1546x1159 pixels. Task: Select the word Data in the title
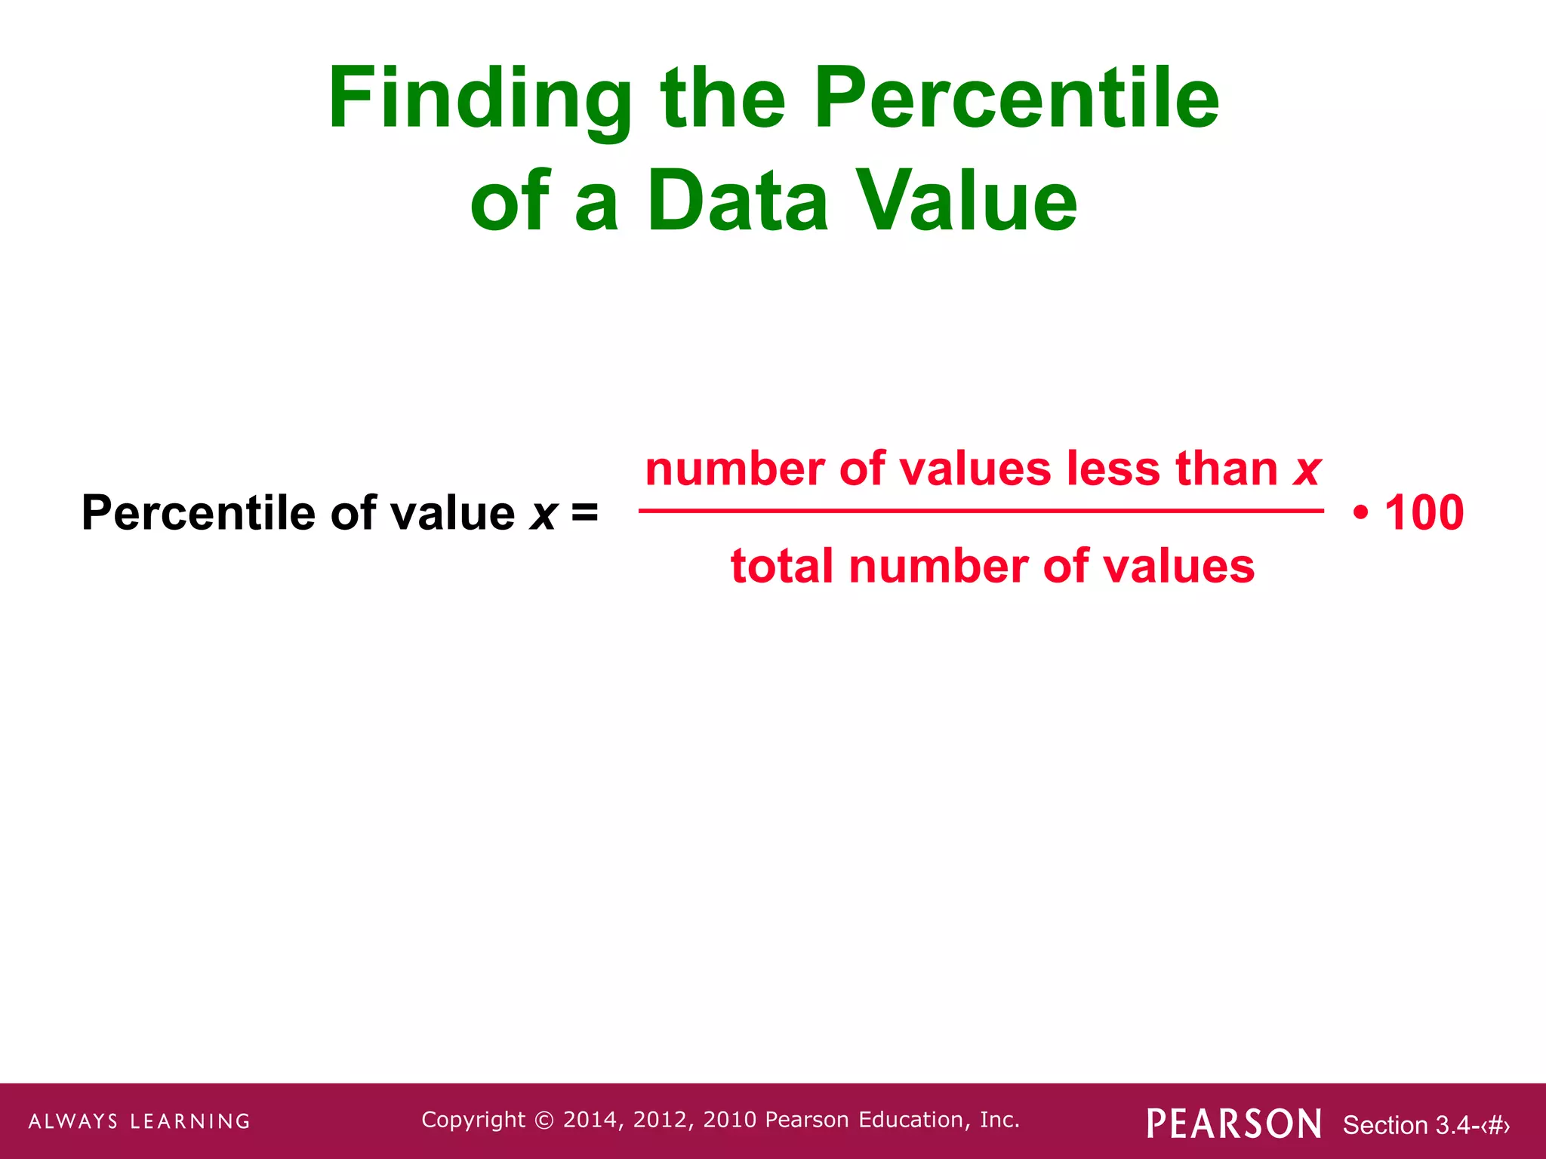pyautogui.click(x=738, y=201)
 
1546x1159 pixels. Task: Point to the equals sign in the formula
pyautogui.click(x=584, y=512)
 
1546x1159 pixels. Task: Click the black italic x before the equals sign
pyautogui.click(x=543, y=514)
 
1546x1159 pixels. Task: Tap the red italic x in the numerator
pyautogui.click(x=1306, y=469)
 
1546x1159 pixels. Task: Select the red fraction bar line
pyautogui.click(x=981, y=511)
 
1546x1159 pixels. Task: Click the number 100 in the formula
pyautogui.click(x=1424, y=513)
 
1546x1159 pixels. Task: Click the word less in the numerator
pyautogui.click(x=1113, y=469)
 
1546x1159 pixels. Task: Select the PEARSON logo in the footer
pyautogui.click(x=1233, y=1124)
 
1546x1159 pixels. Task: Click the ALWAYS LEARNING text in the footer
pyautogui.click(x=140, y=1121)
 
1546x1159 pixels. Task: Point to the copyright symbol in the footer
pyautogui.click(x=544, y=1121)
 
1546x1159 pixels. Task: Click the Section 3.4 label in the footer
pyautogui.click(x=1425, y=1125)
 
